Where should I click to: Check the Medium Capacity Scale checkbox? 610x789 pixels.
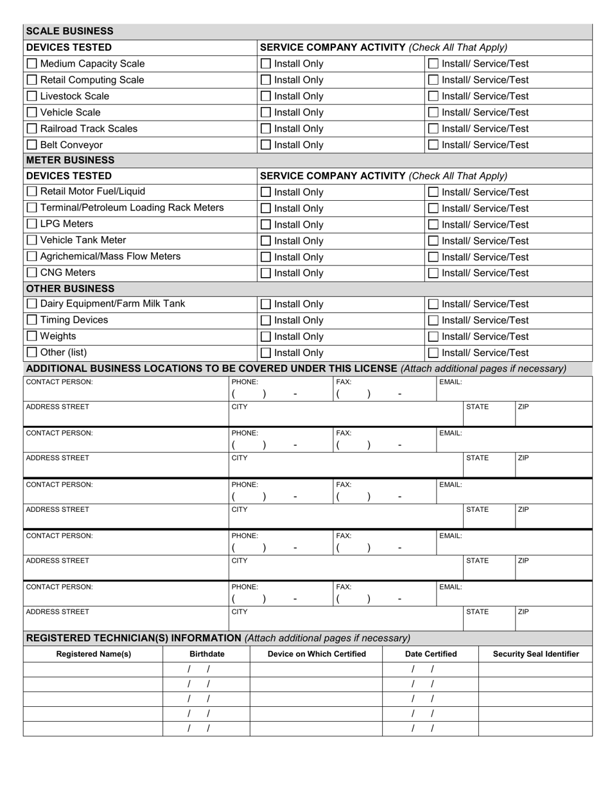coord(31,64)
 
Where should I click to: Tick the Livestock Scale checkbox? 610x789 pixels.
coord(31,96)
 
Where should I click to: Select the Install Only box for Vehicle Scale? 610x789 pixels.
coord(265,112)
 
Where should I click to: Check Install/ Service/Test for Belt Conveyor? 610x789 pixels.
coord(433,145)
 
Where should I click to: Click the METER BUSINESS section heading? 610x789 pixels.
coord(70,160)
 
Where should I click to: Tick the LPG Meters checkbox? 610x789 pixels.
coord(31,225)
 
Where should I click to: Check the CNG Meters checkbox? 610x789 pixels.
coord(31,273)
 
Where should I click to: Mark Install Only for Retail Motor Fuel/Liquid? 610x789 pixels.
coord(265,192)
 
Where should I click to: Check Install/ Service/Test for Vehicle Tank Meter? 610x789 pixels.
coord(433,241)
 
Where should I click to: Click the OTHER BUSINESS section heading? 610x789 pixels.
coord(70,289)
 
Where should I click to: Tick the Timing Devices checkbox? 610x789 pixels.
coord(31,320)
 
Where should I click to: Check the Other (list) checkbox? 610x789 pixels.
coord(31,353)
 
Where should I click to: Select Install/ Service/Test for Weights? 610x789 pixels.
coord(433,337)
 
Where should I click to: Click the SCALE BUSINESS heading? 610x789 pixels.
coord(69,31)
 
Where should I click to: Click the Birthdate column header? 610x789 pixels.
coord(207,654)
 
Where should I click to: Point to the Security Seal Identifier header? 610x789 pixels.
coord(536,654)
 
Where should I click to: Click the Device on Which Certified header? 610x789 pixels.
coord(317,654)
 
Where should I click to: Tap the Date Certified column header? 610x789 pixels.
coord(431,654)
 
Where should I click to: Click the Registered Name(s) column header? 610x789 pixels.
coord(94,654)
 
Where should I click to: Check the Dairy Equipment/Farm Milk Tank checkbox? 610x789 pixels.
coord(31,304)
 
